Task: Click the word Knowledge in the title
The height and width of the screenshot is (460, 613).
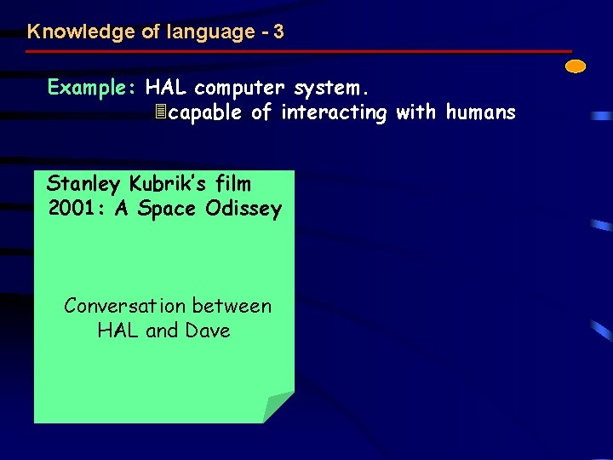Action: tap(69, 32)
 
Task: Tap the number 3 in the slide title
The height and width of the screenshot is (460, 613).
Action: tap(279, 32)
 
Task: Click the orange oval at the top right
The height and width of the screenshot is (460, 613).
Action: tap(576, 66)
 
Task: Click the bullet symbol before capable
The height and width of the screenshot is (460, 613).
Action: tap(160, 112)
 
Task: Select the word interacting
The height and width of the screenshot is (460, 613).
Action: tap(334, 112)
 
